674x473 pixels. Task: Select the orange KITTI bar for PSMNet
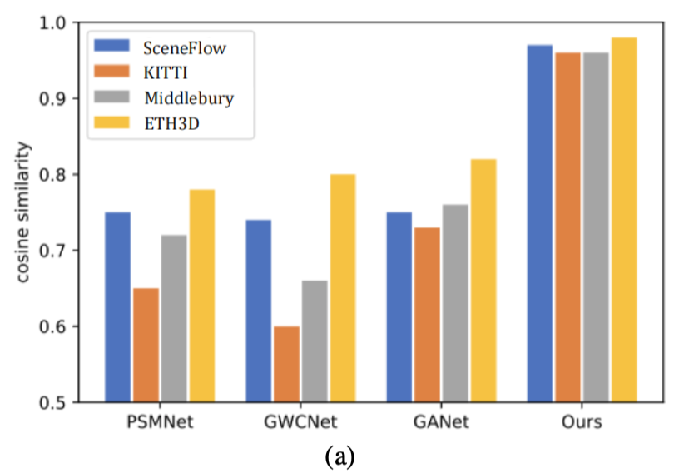click(x=146, y=345)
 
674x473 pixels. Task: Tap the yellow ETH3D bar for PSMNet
click(x=201, y=296)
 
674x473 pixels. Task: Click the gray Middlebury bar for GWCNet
click(x=314, y=341)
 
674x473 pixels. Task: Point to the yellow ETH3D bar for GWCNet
click(x=342, y=288)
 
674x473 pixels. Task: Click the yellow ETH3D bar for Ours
click(x=623, y=220)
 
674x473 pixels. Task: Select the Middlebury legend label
click(x=188, y=98)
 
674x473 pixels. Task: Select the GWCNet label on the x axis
click(x=300, y=422)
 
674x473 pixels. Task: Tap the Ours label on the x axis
click(x=581, y=422)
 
